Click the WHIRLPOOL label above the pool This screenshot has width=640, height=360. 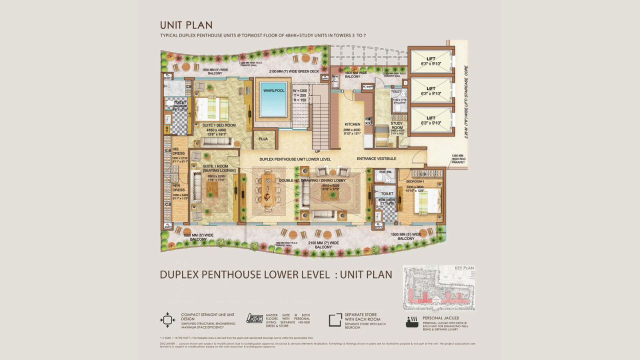273,90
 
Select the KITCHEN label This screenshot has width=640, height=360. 352,124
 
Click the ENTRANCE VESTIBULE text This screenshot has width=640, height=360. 376,159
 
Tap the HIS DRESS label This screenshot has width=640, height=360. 178,151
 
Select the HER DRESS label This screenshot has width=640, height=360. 178,187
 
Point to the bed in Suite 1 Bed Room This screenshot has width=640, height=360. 211,109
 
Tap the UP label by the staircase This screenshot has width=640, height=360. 317,151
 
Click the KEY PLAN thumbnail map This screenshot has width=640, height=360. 439,288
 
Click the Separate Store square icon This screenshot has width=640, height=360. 335,320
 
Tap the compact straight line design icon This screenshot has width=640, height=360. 167,320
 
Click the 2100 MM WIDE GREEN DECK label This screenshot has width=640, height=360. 293,71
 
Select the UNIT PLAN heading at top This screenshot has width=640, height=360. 186,25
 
